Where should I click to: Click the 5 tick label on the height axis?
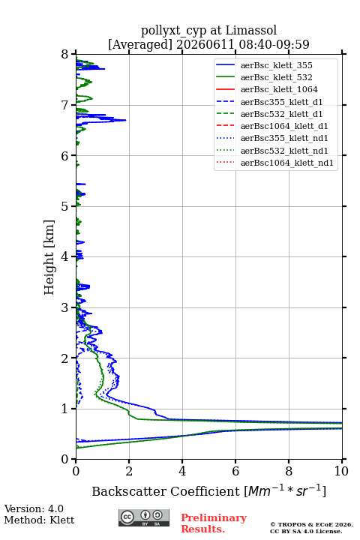click(x=64, y=206)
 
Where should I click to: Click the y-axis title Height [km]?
click(x=49, y=257)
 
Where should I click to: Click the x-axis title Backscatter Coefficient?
click(x=165, y=491)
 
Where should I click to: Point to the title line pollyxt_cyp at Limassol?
click(x=208, y=30)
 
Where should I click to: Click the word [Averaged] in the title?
click(x=140, y=44)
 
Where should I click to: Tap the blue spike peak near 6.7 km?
click(x=125, y=120)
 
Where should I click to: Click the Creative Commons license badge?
click(x=144, y=517)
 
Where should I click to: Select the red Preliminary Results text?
click(x=214, y=523)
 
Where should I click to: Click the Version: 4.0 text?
click(x=34, y=508)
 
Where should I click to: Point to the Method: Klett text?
click(x=39, y=520)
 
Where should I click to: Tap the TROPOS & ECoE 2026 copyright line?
click(x=311, y=524)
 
